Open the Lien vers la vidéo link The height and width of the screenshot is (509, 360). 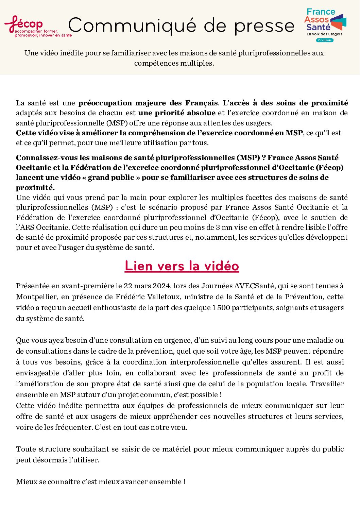click(182, 266)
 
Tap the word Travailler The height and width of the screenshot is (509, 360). click(327, 384)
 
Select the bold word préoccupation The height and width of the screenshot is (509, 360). click(105, 103)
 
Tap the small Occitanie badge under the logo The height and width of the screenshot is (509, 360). click(325, 40)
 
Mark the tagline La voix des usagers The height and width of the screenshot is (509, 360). click(324, 34)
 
